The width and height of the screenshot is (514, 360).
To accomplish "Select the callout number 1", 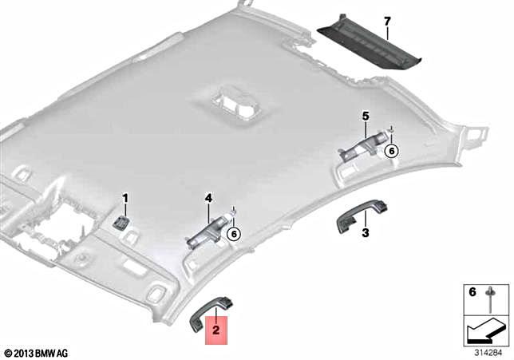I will click(125, 197).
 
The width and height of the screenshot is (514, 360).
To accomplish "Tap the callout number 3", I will click(365, 233).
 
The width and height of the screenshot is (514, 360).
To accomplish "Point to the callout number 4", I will click(208, 196).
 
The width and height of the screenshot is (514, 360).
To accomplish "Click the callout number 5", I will click(365, 117).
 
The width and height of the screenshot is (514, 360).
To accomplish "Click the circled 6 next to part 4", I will click(233, 234).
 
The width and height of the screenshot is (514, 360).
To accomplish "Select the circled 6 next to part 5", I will click(391, 150).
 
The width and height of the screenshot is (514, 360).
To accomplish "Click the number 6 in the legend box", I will click(472, 293).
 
